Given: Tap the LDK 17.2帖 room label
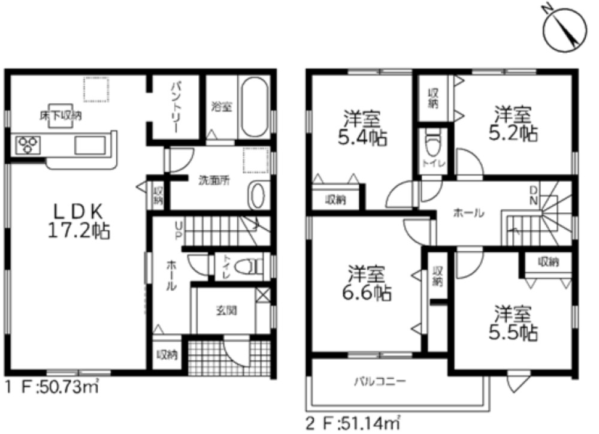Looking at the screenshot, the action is (79, 221).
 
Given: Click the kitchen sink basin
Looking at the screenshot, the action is (90, 145).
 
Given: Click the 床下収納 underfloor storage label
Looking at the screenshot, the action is (60, 116).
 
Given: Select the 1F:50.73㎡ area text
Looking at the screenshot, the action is (52, 387).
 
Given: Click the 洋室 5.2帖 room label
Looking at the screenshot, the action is (513, 123).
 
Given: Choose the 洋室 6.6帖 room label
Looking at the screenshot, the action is (367, 282).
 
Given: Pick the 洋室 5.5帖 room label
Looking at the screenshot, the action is (513, 323).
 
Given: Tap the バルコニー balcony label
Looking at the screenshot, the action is (380, 381).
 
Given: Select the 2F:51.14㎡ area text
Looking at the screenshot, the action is (353, 423).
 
